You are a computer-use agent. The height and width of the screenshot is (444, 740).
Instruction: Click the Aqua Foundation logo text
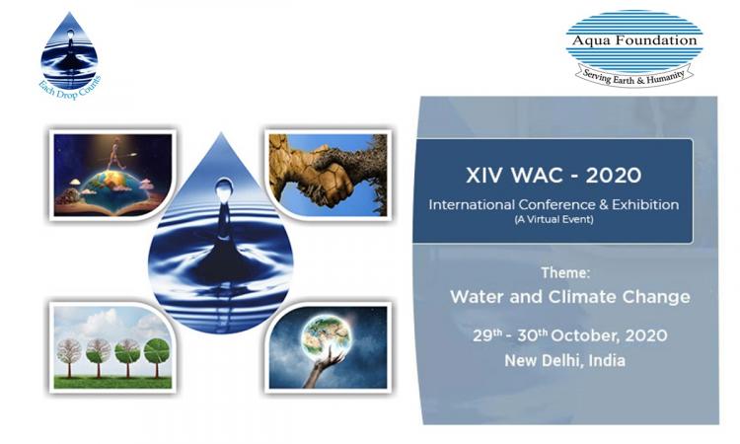tap(634, 40)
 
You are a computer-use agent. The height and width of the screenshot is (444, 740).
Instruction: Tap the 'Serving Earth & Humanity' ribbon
tap(633, 77)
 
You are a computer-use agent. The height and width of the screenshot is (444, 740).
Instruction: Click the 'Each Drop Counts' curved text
tap(70, 89)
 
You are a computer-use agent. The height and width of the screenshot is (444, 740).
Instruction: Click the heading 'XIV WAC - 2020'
tap(554, 176)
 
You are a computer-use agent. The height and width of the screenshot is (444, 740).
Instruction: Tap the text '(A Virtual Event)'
tap(554, 219)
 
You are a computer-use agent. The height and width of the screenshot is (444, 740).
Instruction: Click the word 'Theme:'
tap(565, 272)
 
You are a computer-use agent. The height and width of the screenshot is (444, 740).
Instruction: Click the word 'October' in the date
tap(584, 335)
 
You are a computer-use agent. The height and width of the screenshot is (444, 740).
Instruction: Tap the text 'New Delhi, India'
tap(565, 361)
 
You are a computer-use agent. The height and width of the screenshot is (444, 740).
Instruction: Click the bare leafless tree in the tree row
tap(69, 356)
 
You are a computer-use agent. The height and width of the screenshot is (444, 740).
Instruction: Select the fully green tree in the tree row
tap(157, 356)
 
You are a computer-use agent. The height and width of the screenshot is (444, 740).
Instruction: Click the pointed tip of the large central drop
tap(221, 132)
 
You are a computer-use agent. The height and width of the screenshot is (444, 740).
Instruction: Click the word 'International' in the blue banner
tap(472, 205)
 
